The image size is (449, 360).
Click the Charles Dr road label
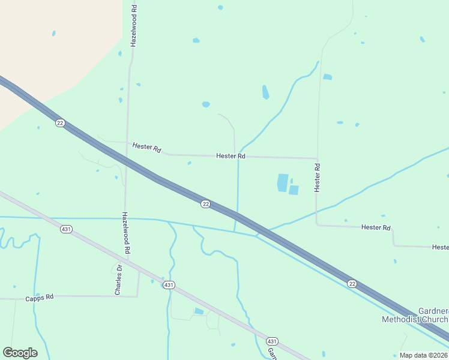point(118,280)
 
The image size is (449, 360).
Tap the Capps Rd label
point(40,298)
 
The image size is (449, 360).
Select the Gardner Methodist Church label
point(415,315)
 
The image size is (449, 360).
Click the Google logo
point(20,353)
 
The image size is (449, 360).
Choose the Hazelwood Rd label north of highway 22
point(134,26)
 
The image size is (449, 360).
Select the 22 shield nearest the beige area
point(59,123)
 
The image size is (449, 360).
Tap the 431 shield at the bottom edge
point(273,340)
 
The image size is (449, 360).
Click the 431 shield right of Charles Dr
point(169,285)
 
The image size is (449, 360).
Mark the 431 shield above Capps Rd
point(65,229)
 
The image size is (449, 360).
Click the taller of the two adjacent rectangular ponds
point(282,182)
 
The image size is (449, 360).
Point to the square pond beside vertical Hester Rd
point(294,190)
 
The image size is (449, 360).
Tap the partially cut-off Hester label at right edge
point(441,247)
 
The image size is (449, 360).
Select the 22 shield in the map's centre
point(205,204)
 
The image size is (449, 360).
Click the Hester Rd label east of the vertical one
point(376,228)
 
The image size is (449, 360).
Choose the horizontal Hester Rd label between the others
point(231,156)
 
